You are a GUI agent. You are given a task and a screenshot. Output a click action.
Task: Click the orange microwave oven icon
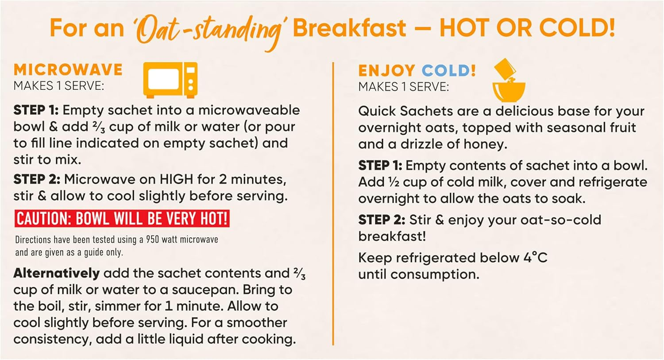click(x=170, y=80)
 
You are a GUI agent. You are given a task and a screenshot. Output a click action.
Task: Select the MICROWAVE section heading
click(x=68, y=70)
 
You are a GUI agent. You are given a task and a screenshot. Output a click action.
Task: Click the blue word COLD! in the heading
click(x=448, y=70)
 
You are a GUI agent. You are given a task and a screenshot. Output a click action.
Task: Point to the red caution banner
click(x=122, y=219)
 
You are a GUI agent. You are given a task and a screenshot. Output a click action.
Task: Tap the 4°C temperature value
click(x=535, y=258)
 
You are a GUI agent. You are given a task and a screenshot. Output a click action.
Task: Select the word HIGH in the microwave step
click(x=176, y=179)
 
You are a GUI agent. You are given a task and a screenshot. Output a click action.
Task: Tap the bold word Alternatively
click(x=56, y=273)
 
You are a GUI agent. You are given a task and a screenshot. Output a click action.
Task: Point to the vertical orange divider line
click(x=333, y=204)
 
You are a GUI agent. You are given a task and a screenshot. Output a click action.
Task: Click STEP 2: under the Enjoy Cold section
click(x=381, y=220)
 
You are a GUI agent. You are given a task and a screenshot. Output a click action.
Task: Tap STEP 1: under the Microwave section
click(x=36, y=110)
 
